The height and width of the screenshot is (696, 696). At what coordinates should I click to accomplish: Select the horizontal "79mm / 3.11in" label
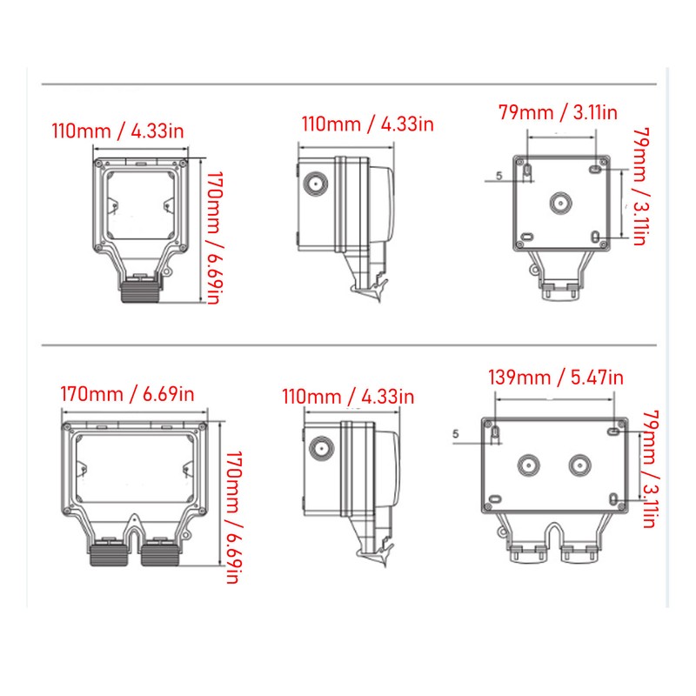click(557, 112)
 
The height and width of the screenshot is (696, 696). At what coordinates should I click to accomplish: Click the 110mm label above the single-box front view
click(118, 132)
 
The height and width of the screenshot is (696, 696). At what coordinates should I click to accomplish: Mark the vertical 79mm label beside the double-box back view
click(652, 471)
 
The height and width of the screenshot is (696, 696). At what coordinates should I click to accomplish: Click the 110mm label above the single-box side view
click(366, 124)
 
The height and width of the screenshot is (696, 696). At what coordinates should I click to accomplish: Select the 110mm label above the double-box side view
click(348, 397)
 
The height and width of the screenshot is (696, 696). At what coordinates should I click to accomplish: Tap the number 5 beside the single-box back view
click(499, 177)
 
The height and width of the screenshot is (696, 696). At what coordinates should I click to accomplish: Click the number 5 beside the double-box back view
click(457, 432)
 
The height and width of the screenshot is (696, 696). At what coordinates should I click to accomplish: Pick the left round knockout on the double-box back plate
click(527, 465)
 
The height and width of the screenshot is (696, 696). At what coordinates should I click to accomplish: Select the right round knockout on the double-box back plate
click(579, 465)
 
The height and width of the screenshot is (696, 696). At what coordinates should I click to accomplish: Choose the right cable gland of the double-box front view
click(160, 552)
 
